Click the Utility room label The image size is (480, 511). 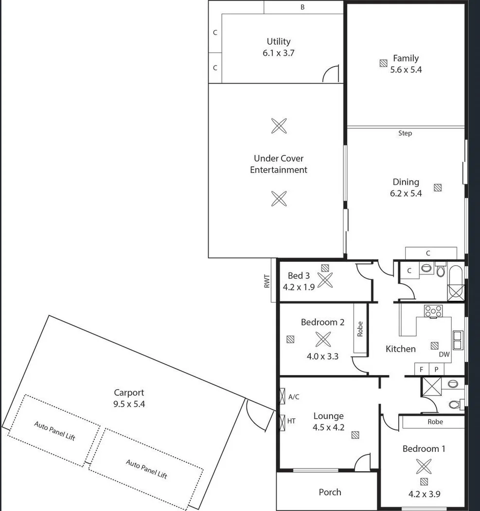point(278,42)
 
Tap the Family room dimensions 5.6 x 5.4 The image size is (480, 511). point(406,69)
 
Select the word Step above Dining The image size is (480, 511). point(405,133)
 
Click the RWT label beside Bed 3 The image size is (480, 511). point(267,282)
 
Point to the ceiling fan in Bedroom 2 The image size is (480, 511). point(322,339)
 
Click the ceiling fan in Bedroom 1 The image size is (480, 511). point(424,467)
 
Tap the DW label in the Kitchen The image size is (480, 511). point(444,355)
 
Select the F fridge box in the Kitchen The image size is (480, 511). point(422,369)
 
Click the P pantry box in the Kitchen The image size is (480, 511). point(436,369)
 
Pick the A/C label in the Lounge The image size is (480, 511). point(294,397)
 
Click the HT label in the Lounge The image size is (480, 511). point(292,421)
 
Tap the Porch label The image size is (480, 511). point(330,492)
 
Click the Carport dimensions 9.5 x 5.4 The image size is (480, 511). point(128,404)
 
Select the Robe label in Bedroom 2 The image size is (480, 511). point(360,329)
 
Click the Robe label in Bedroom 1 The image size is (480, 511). point(435,422)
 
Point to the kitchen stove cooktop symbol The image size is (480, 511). point(433,311)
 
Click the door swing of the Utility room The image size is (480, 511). point(331,74)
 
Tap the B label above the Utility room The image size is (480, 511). point(302,7)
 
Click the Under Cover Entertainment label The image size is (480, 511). point(279,164)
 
